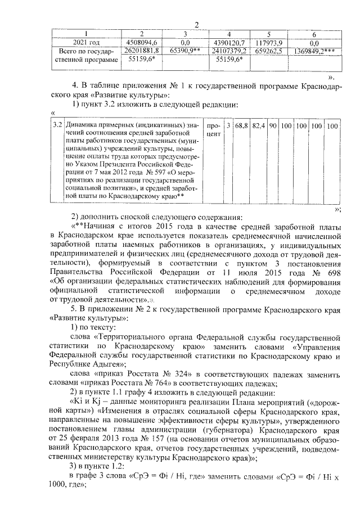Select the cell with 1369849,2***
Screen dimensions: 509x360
[x=315, y=51]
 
